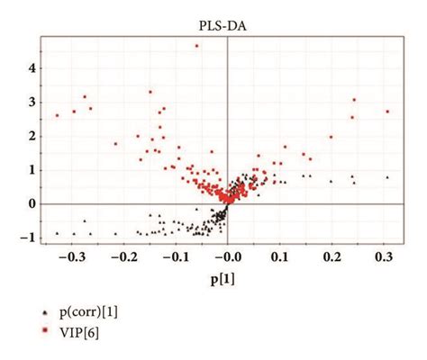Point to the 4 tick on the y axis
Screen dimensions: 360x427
tap(32, 68)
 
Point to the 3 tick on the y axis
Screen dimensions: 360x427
tap(32, 103)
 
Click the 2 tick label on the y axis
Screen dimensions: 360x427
tap(32, 136)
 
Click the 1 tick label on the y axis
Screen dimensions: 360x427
tap(32, 170)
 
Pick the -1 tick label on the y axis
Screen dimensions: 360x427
tap(29, 238)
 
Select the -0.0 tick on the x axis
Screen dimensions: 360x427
tap(227, 258)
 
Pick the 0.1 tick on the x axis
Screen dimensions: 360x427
tap(281, 258)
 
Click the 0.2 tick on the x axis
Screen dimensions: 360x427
tap(333, 258)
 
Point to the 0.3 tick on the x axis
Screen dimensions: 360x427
tap(386, 258)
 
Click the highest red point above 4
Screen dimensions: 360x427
tap(196, 46)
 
